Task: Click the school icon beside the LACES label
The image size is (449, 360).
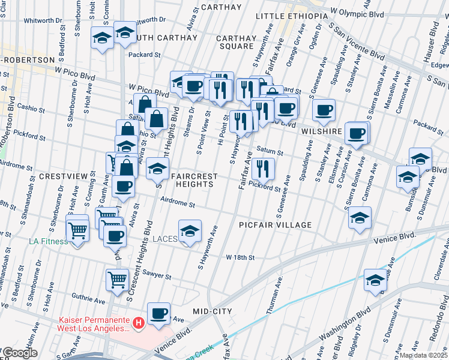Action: coord(190,231)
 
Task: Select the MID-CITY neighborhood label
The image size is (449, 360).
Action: coord(212,311)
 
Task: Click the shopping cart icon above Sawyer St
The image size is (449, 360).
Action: coord(117,278)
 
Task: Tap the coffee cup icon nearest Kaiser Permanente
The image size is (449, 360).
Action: coord(159,313)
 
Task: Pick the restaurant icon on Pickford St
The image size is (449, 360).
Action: coord(263,168)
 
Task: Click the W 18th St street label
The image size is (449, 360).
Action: coord(241,257)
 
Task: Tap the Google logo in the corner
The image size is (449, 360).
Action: coord(20,353)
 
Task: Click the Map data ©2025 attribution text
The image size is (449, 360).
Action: coord(423,355)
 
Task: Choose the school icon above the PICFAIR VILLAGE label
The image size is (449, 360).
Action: coord(360,217)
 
